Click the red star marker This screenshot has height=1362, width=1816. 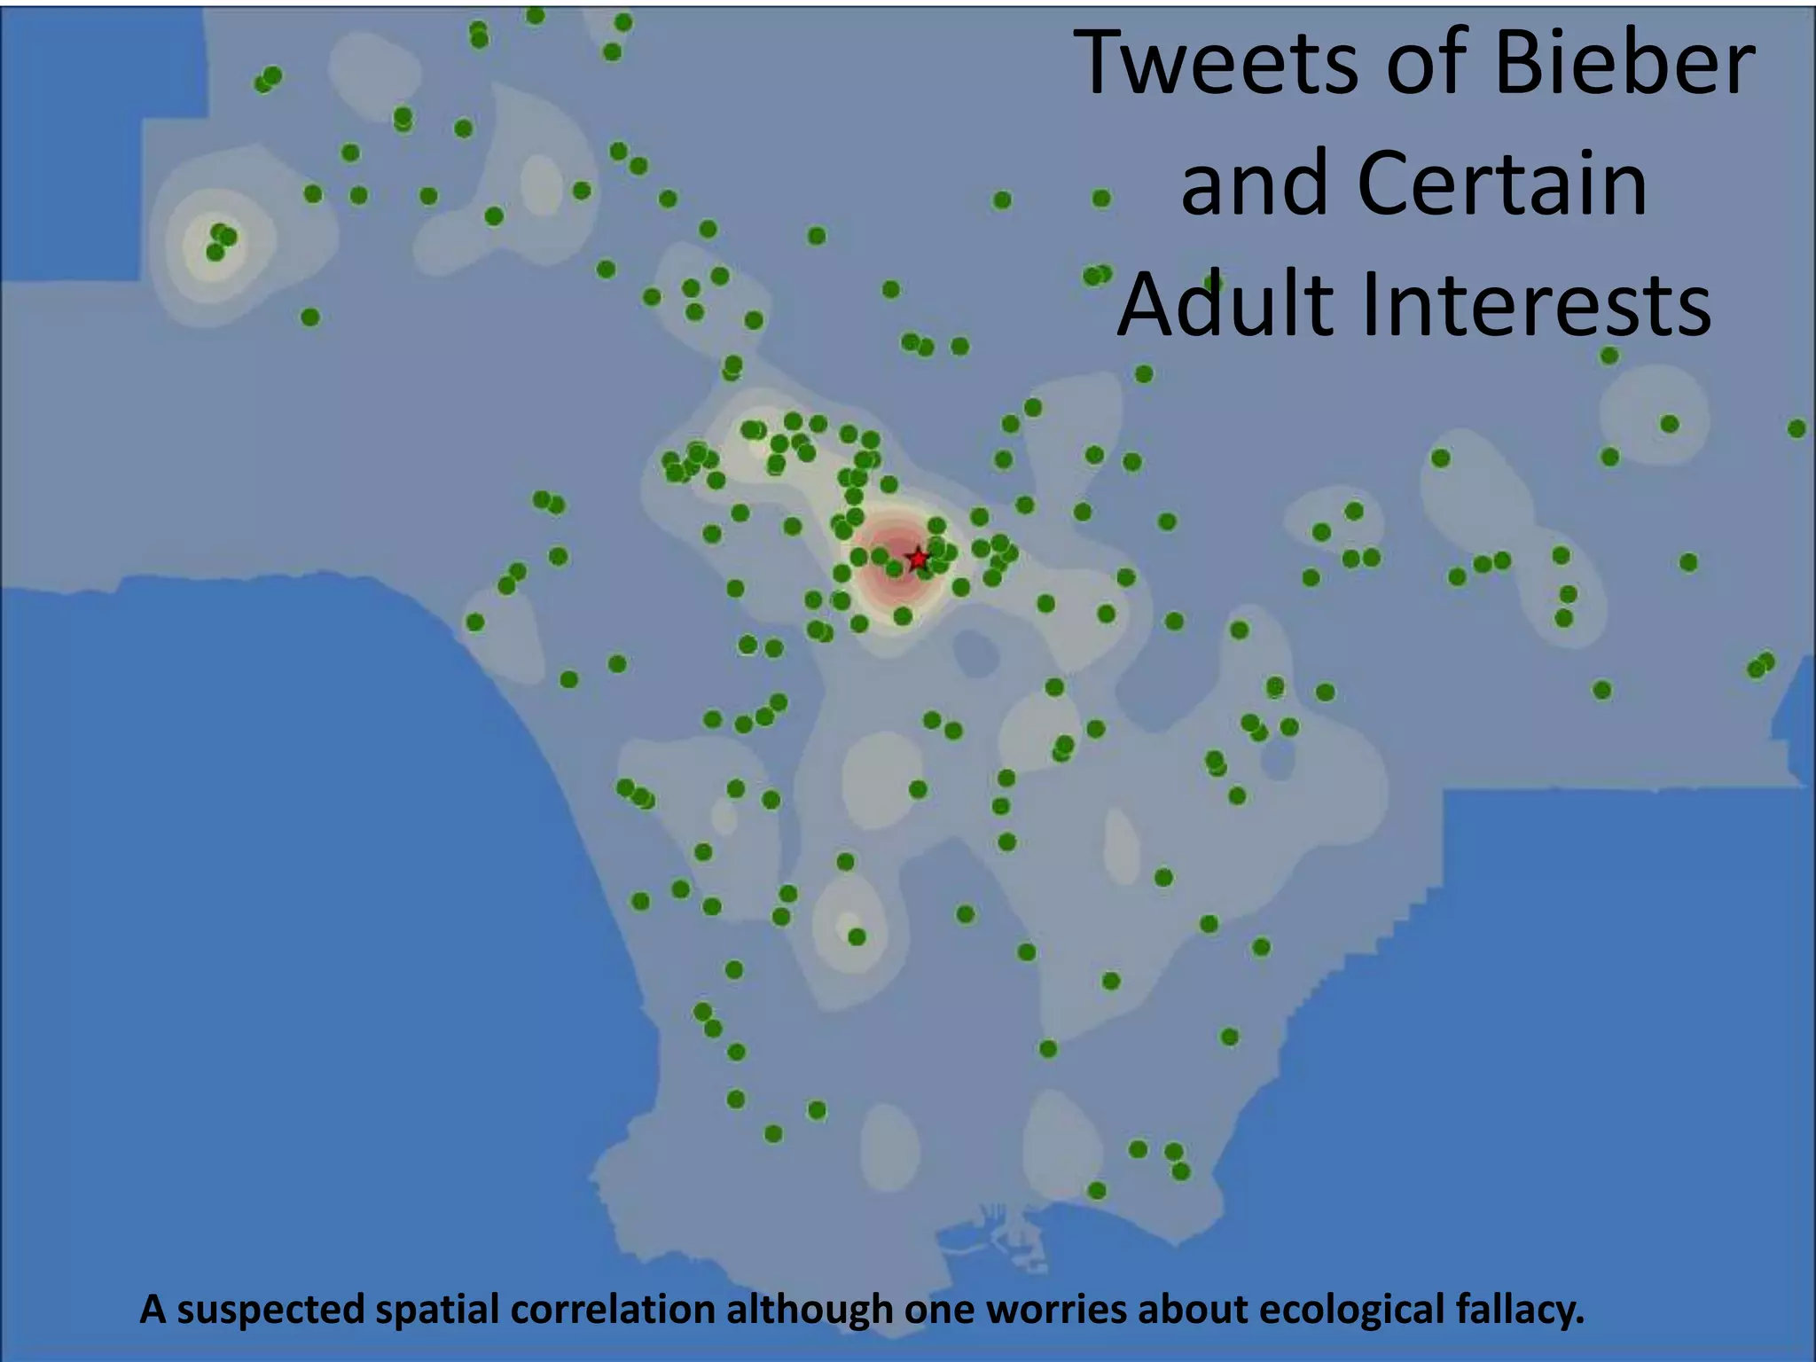coord(918,559)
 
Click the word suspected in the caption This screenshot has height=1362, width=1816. coord(270,1309)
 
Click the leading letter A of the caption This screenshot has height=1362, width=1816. coord(153,1309)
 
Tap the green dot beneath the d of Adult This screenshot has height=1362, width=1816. coord(1144,374)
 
